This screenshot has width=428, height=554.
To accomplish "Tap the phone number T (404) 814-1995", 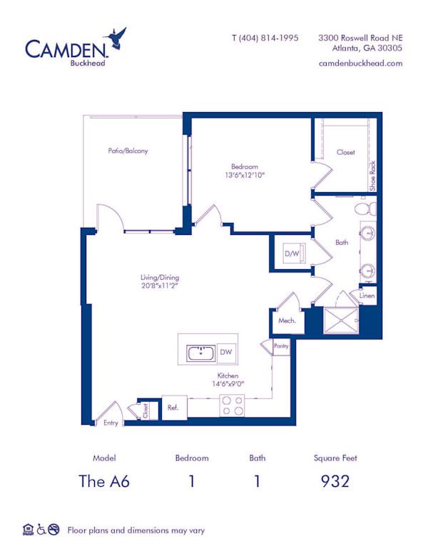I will click(x=265, y=38).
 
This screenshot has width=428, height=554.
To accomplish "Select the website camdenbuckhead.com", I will click(x=361, y=63).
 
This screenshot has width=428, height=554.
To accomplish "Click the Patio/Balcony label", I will click(x=128, y=151).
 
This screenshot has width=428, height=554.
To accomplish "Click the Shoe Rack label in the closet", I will click(x=372, y=175).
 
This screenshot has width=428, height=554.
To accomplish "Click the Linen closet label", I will click(x=367, y=295).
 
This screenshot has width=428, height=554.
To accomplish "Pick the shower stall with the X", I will click(x=341, y=322).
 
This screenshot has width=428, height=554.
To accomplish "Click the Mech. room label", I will click(x=287, y=321).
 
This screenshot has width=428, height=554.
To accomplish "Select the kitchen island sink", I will click(x=200, y=353).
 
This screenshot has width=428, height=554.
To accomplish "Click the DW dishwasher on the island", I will click(x=225, y=353).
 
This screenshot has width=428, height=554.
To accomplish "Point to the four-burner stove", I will click(x=232, y=406).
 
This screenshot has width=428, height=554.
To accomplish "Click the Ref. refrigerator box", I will click(x=173, y=408).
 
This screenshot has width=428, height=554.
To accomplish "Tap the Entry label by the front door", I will click(x=111, y=423).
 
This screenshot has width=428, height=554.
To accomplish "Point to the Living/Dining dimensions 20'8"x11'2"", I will click(x=159, y=287).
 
